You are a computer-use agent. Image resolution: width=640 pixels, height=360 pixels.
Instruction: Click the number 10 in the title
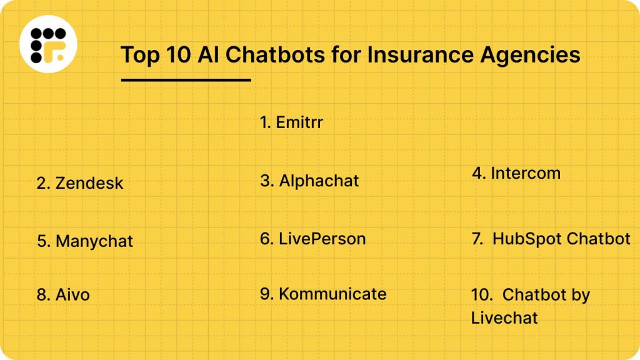pos(174,54)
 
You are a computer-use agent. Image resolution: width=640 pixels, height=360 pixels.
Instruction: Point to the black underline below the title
pos(186,80)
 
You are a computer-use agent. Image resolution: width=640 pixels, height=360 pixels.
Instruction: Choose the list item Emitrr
pos(291,122)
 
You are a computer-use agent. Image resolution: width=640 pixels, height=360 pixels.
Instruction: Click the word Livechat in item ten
pos(504,317)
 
